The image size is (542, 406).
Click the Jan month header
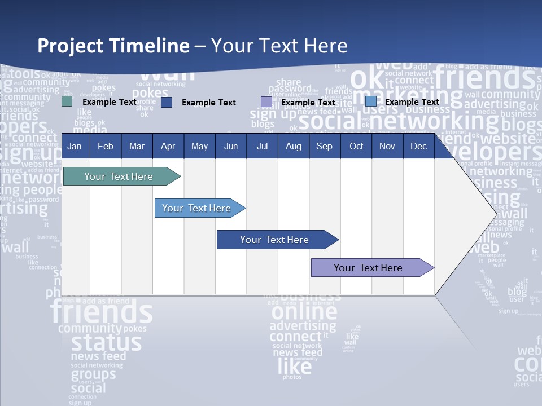pyautogui.click(x=75, y=147)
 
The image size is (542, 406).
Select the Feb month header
pyautogui.click(x=106, y=147)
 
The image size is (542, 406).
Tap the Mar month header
pyautogui.click(x=137, y=147)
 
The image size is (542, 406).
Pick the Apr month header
pyautogui.click(x=168, y=147)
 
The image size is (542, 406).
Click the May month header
pyautogui.click(x=199, y=147)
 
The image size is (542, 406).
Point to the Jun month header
pyautogui.click(x=231, y=147)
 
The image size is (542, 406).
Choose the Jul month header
pyautogui.click(x=262, y=147)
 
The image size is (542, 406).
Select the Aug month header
pyautogui.click(x=293, y=147)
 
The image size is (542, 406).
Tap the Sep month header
pyautogui.click(x=324, y=147)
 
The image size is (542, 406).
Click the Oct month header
pyautogui.click(x=356, y=147)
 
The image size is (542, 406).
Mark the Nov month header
pyautogui.click(x=387, y=147)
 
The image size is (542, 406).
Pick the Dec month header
pyautogui.click(x=419, y=147)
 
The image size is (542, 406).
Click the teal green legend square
pyautogui.click(x=67, y=101)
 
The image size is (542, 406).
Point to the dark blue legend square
pyautogui.click(x=167, y=102)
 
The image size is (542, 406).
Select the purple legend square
pyautogui.click(x=266, y=102)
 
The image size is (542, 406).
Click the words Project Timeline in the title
pyautogui.click(x=113, y=46)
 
